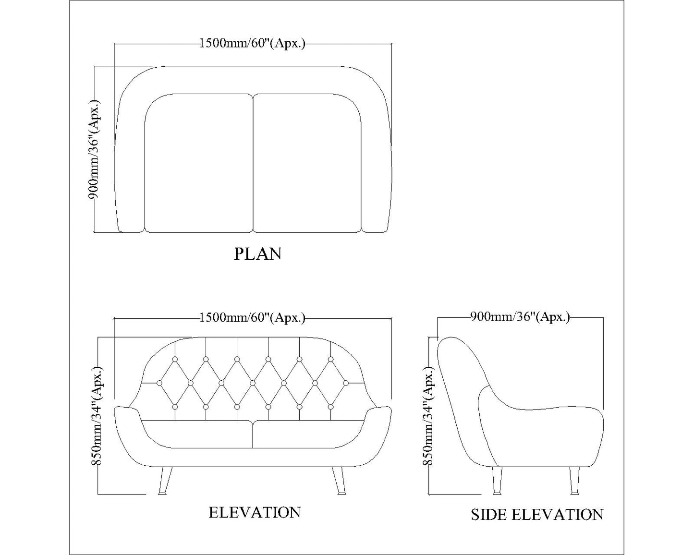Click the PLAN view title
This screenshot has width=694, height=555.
click(x=257, y=254)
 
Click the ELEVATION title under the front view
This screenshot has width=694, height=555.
click(x=255, y=512)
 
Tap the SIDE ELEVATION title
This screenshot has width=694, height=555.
click(x=536, y=515)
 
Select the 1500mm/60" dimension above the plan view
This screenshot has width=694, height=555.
click(x=252, y=44)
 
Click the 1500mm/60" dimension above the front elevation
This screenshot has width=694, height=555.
click(x=252, y=318)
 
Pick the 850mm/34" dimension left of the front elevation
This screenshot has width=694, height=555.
click(x=96, y=416)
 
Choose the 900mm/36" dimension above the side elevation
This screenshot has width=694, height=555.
click(x=520, y=317)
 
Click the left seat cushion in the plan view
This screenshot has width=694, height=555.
click(x=198, y=163)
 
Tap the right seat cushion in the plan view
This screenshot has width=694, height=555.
click(x=307, y=163)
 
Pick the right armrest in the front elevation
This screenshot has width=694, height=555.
click(x=378, y=422)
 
